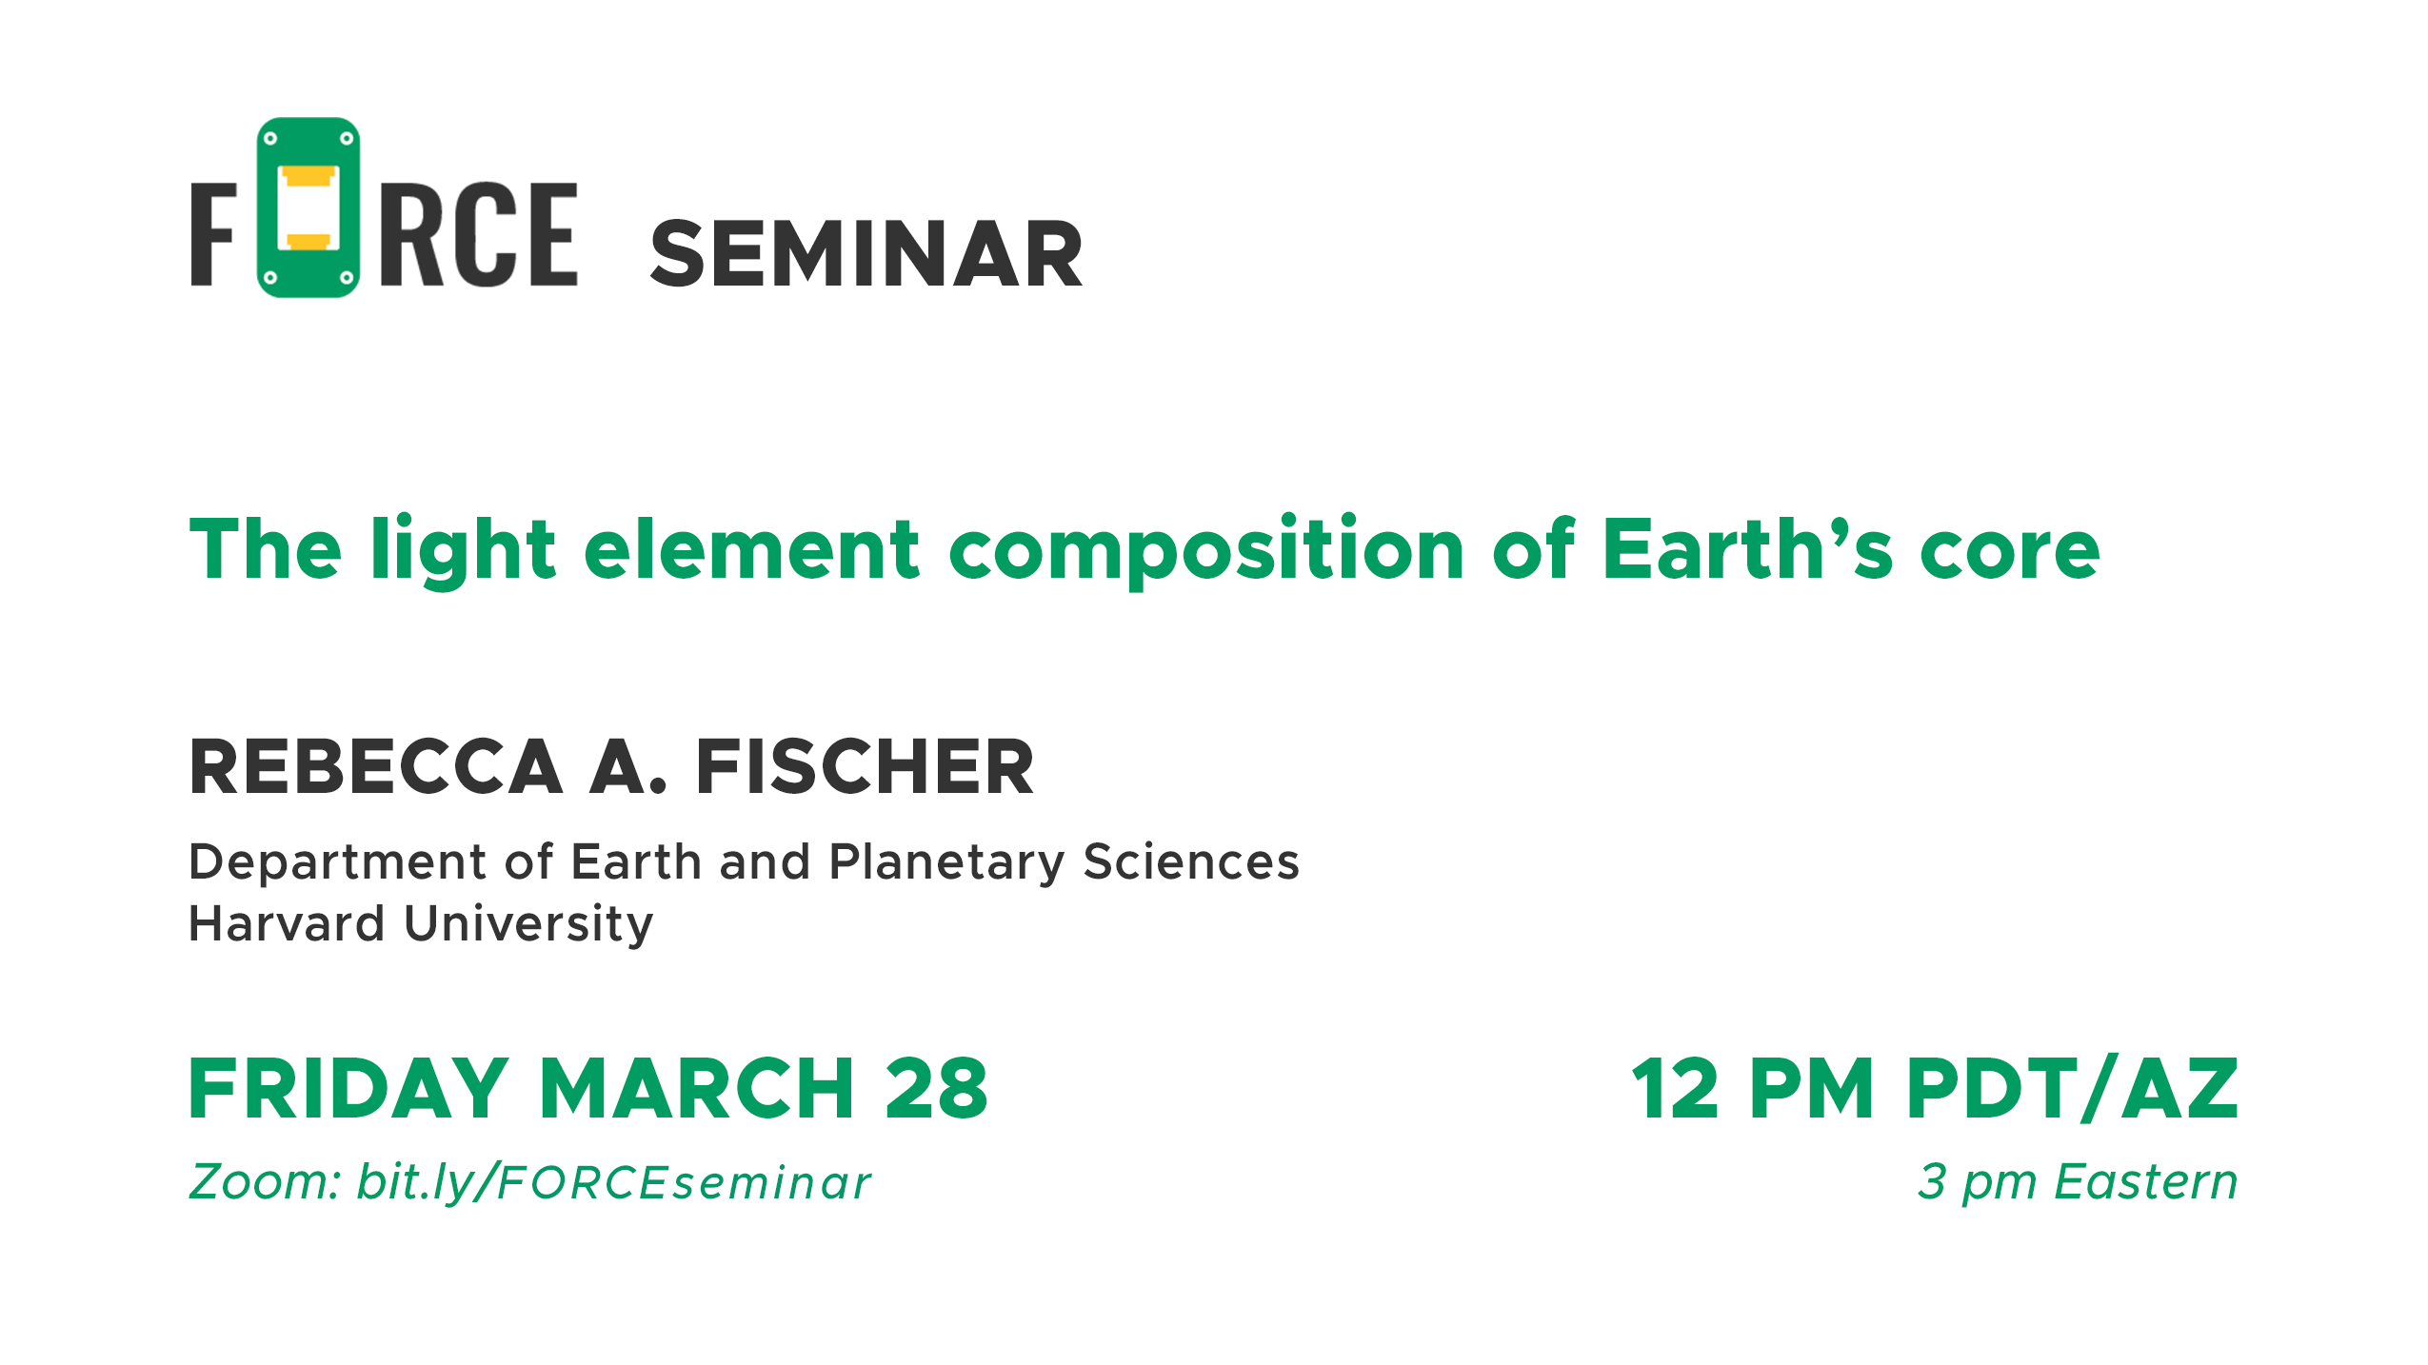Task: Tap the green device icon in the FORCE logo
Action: [308, 208]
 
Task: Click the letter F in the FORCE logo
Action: [213, 234]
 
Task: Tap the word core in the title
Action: [2010, 552]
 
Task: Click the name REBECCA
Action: [376, 766]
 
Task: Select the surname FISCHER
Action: [865, 766]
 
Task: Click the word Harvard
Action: [287, 923]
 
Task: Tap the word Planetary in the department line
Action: [947, 863]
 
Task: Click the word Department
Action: [338, 863]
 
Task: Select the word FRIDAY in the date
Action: [348, 1088]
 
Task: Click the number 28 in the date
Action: [937, 1088]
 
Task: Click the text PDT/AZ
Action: [2073, 1088]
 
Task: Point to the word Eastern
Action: [2146, 1182]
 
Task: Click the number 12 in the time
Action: [1676, 1088]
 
